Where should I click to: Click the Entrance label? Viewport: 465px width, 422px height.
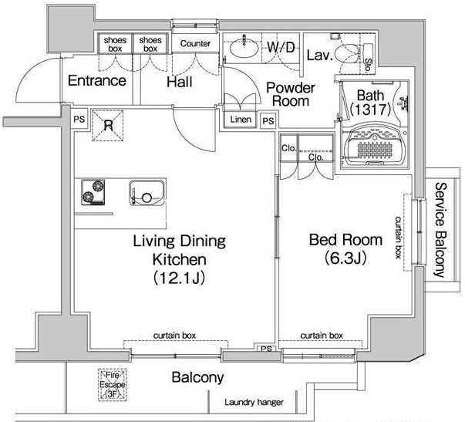click(97, 81)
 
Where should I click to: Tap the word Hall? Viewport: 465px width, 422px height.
click(180, 82)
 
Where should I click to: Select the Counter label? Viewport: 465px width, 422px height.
click(195, 44)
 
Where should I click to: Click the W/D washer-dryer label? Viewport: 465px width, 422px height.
click(281, 48)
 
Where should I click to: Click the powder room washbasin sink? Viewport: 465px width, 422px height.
click(244, 48)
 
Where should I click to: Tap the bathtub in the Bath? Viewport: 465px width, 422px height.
click(375, 144)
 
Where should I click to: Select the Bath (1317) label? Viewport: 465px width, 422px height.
click(370, 103)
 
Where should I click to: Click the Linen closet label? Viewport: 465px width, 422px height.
click(241, 120)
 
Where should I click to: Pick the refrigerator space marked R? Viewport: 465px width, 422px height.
click(108, 126)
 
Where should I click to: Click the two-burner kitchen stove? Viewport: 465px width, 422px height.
click(93, 192)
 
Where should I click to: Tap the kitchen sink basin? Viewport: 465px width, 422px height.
click(147, 193)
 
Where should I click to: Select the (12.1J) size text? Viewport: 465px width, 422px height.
click(179, 278)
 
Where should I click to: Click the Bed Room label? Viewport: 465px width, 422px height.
click(345, 240)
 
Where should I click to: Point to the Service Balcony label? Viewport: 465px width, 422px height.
click(441, 230)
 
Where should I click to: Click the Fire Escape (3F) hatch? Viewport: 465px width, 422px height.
click(113, 385)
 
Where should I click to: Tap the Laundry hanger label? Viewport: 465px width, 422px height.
click(254, 403)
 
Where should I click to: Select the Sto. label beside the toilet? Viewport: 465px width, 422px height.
click(368, 66)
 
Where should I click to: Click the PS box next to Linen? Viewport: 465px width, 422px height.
click(268, 121)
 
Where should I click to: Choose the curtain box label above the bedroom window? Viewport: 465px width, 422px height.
click(322, 336)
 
